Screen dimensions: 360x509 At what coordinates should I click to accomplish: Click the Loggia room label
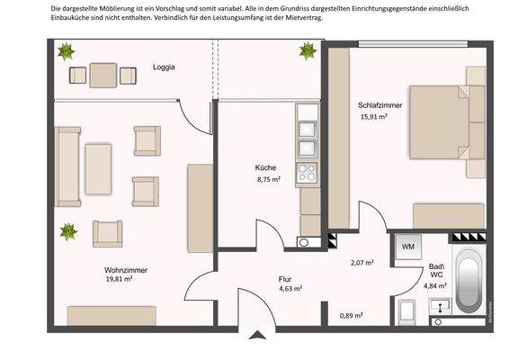pos(164,67)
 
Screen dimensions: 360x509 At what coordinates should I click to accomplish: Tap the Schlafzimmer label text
pos(380,105)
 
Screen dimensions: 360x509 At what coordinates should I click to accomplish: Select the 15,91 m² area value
pos(374,117)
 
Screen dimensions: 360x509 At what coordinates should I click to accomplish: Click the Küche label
pos(265,168)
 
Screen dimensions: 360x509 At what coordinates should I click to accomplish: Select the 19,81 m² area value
pos(120,280)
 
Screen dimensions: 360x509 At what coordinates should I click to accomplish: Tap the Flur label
pos(285,279)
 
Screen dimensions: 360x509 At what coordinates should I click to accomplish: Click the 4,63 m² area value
pos(290,289)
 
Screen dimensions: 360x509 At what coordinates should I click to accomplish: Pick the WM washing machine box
pos(407,246)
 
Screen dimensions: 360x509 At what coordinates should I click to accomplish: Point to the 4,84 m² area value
pos(436,285)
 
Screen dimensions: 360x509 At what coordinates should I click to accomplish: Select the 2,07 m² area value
pos(362,262)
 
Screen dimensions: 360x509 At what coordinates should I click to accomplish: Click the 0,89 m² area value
pos(351,315)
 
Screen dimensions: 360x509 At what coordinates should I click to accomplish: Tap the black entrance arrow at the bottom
pos(257,336)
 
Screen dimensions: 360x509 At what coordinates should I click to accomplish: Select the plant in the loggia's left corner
pos(66,53)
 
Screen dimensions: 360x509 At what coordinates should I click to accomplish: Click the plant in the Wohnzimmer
pos(68,232)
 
